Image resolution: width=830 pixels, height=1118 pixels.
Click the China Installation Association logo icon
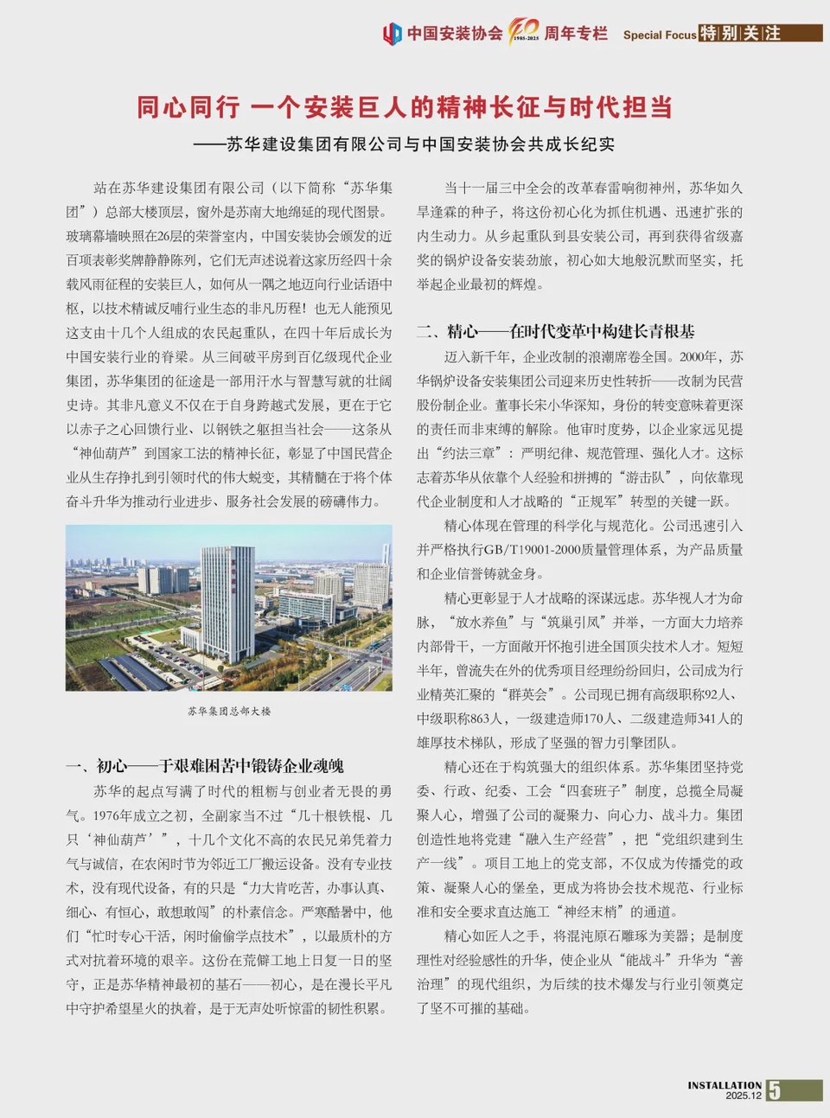(392, 34)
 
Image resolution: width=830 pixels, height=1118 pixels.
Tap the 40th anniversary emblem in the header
(524, 31)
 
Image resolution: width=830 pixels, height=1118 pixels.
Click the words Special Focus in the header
(659, 35)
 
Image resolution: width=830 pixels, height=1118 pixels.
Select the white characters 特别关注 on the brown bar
(740, 34)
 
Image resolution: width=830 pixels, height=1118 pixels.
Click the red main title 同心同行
(188, 107)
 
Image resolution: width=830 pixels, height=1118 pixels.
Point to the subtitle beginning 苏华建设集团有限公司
(420, 144)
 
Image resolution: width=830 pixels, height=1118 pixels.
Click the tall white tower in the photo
(227, 601)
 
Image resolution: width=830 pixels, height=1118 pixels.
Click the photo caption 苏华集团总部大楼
(229, 711)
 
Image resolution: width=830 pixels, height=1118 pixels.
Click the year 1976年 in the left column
(113, 815)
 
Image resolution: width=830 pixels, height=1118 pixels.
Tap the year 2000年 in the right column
(699, 356)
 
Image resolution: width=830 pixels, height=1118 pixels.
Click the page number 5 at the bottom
(775, 1090)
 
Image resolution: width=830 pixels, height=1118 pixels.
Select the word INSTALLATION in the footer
(725, 1085)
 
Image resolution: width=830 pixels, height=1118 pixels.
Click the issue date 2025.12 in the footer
(744, 1096)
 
